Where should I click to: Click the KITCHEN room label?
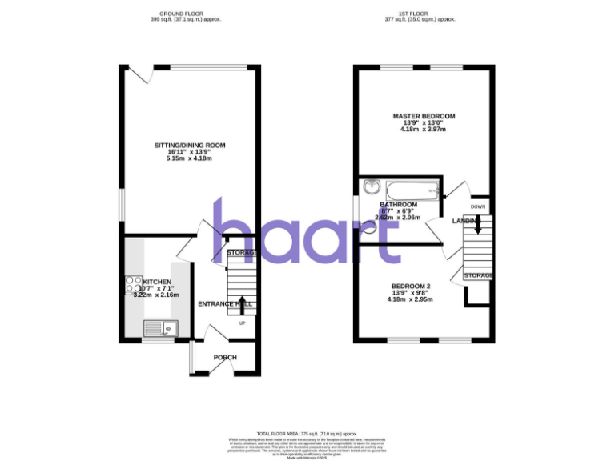click(x=158, y=282)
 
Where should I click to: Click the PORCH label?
click(x=224, y=357)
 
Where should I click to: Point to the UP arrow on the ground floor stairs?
click(x=242, y=303)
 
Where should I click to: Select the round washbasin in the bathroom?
click(x=370, y=188)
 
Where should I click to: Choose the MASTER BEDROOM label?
click(x=424, y=117)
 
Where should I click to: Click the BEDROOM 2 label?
click(x=411, y=287)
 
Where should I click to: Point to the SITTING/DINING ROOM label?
click(x=190, y=146)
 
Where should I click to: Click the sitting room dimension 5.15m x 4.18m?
click(x=190, y=158)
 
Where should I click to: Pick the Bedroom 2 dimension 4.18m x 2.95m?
click(x=411, y=300)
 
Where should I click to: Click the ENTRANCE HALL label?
click(x=225, y=304)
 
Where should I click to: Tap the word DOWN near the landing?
click(x=478, y=206)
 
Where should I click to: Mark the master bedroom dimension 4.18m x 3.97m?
click(x=424, y=130)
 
